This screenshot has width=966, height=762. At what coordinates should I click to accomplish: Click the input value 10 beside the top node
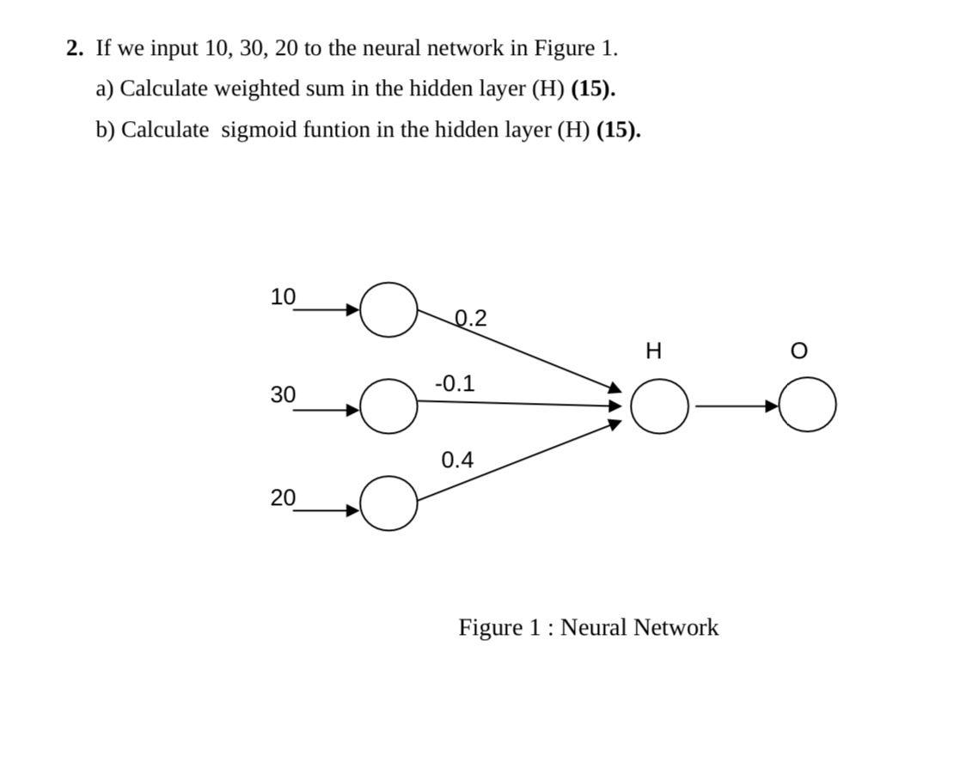(283, 297)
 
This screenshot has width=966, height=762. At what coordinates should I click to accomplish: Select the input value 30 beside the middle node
(283, 395)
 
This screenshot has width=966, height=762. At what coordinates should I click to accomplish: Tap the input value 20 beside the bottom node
(283, 497)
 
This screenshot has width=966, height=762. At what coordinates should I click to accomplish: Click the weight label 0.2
(470, 319)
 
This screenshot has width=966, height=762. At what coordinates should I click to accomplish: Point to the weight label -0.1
(455, 383)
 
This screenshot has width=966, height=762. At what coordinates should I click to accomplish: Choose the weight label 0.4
(457, 460)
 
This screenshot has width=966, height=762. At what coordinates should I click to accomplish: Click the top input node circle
(388, 309)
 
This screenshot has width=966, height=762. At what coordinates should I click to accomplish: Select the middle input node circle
(388, 406)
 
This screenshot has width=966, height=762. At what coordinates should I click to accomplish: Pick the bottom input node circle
(388, 503)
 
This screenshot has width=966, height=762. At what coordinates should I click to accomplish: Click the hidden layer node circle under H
(659, 406)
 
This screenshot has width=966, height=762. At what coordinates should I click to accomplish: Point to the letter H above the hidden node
(653, 351)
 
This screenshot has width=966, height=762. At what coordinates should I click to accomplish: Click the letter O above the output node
(798, 351)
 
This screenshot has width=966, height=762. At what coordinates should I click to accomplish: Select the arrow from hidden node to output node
(735, 405)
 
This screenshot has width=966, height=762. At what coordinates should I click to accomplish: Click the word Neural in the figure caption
(594, 628)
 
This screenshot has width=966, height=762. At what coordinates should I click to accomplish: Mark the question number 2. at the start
(76, 48)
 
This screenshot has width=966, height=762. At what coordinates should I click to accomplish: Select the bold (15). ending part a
(593, 89)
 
